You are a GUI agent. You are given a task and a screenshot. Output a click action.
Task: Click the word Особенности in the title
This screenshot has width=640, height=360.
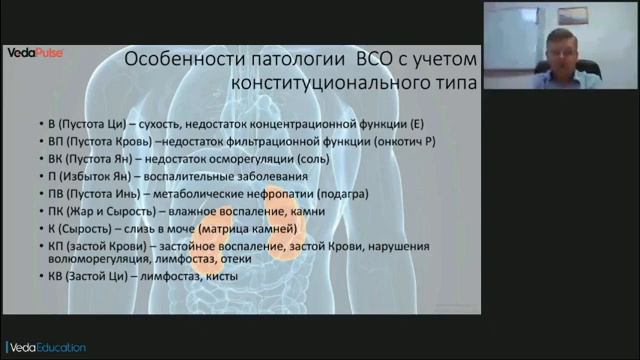[183, 59]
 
